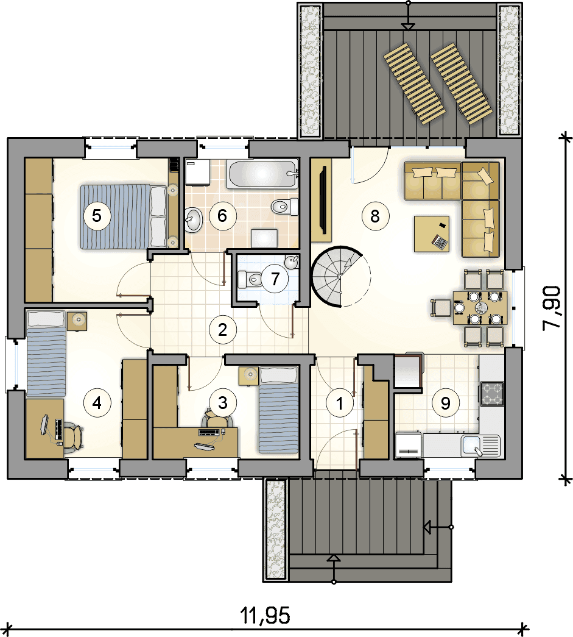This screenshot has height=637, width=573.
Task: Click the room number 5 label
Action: [97, 215]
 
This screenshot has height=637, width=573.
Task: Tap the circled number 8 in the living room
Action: [375, 216]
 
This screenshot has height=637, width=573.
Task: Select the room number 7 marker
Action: [275, 279]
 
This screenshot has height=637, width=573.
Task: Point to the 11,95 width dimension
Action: [265, 615]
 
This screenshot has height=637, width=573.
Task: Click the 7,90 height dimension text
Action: [552, 308]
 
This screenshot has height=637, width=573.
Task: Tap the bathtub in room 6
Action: [262, 174]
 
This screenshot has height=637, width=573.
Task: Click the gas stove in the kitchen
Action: [492, 394]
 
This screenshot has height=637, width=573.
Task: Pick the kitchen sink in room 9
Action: [480, 445]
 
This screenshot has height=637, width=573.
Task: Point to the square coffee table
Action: [432, 234]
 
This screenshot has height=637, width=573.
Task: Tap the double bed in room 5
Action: [124, 216]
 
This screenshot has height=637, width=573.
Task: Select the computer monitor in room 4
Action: [44, 425]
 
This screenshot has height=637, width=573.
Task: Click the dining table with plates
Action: [480, 308]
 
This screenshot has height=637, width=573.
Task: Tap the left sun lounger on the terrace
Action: [415, 83]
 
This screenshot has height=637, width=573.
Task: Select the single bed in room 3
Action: [279, 410]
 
